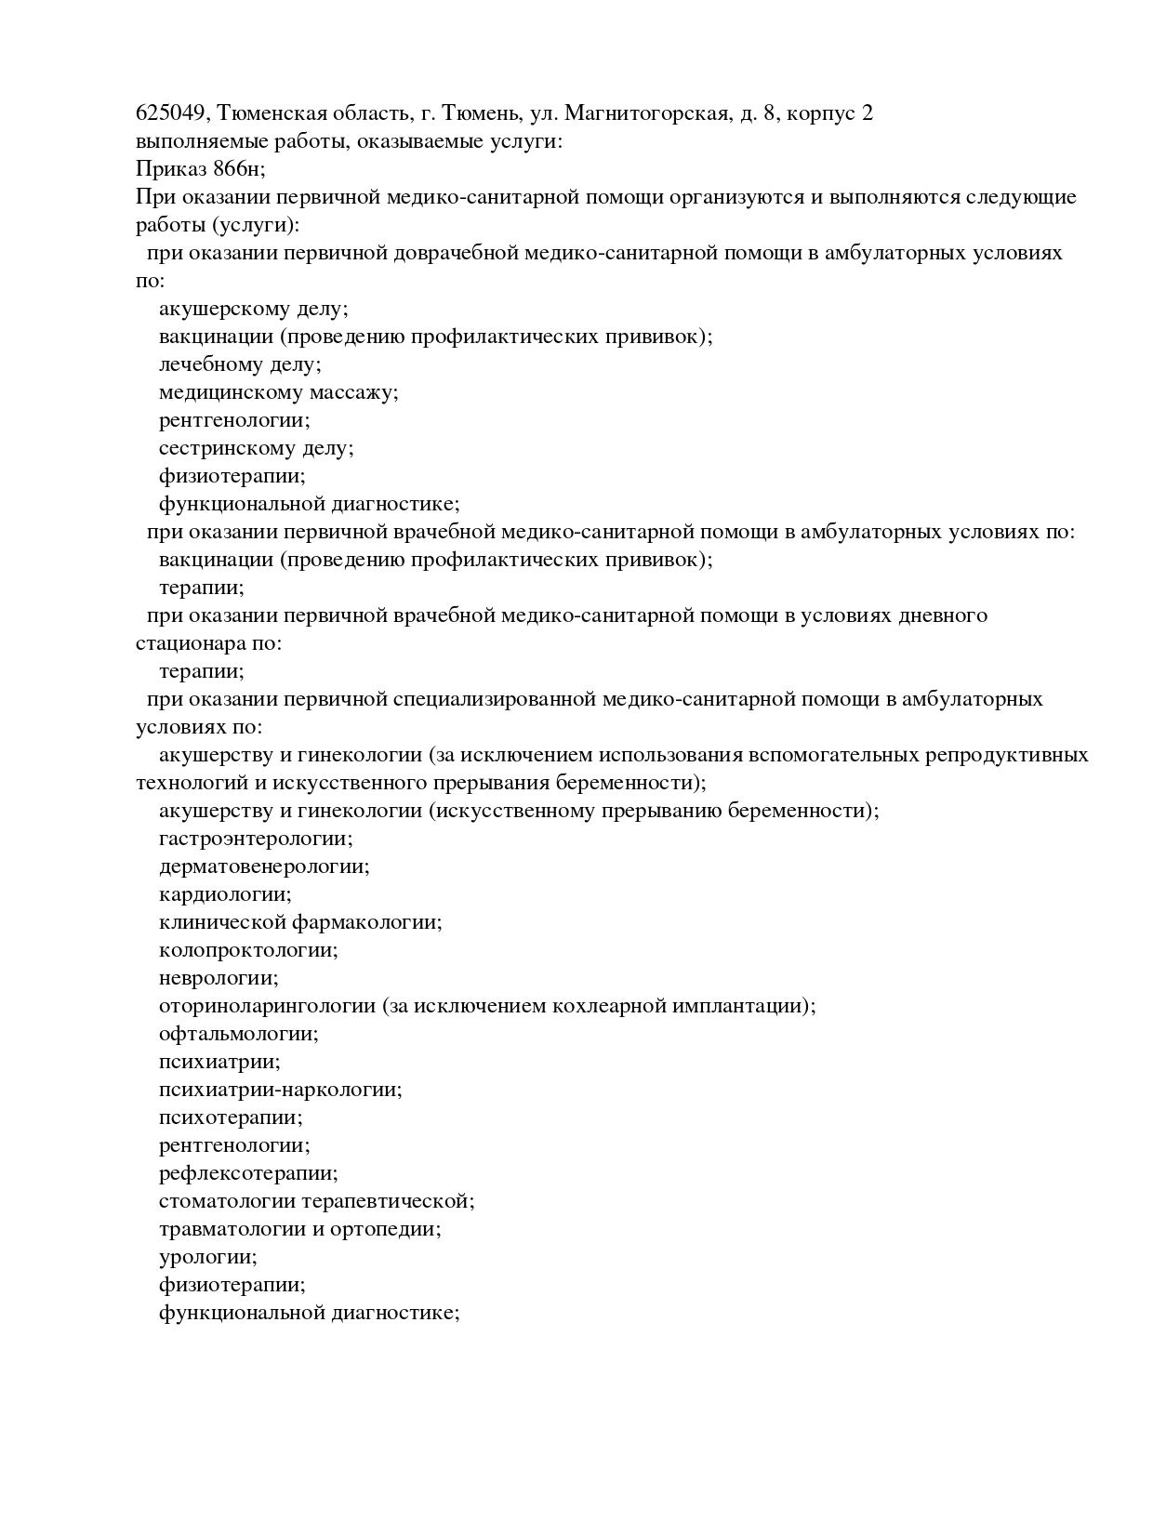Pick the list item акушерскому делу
pyautogui.click(x=252, y=309)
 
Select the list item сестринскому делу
pyautogui.click(x=256, y=448)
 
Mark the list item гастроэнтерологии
pyautogui.click(x=255, y=839)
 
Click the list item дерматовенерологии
pyautogui.click(x=263, y=866)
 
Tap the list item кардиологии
pyautogui.click(x=224, y=894)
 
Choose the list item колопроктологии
pyautogui.click(x=247, y=950)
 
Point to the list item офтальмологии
pyautogui.click(x=238, y=1034)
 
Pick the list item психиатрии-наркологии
pyautogui.click(x=280, y=1090)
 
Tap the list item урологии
pyautogui.click(x=207, y=1257)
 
